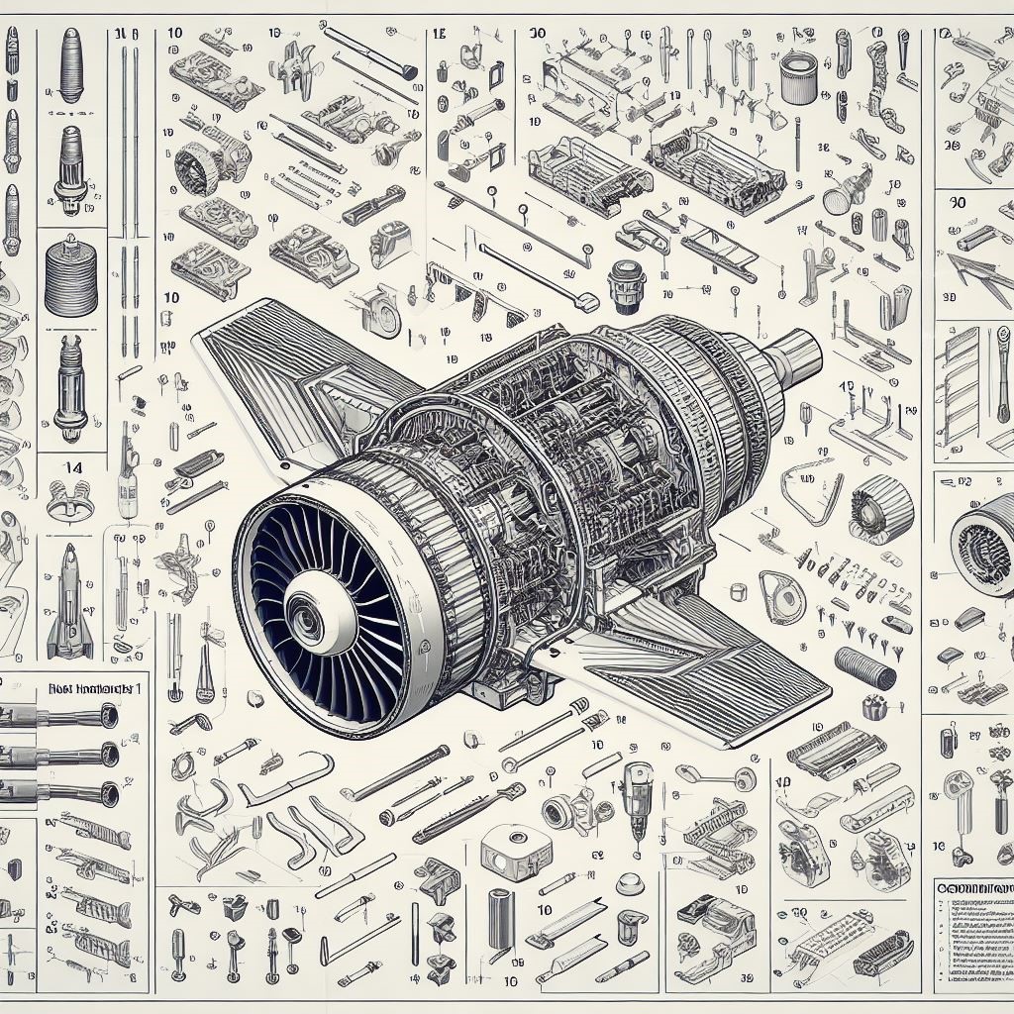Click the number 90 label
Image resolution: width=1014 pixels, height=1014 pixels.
point(957,201)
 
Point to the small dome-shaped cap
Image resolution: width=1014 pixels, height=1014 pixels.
point(737,593)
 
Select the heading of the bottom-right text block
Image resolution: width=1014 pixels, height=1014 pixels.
point(975,889)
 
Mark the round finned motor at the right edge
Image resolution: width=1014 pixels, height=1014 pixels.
point(984,544)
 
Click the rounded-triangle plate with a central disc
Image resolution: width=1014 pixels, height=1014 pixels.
point(781,598)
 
